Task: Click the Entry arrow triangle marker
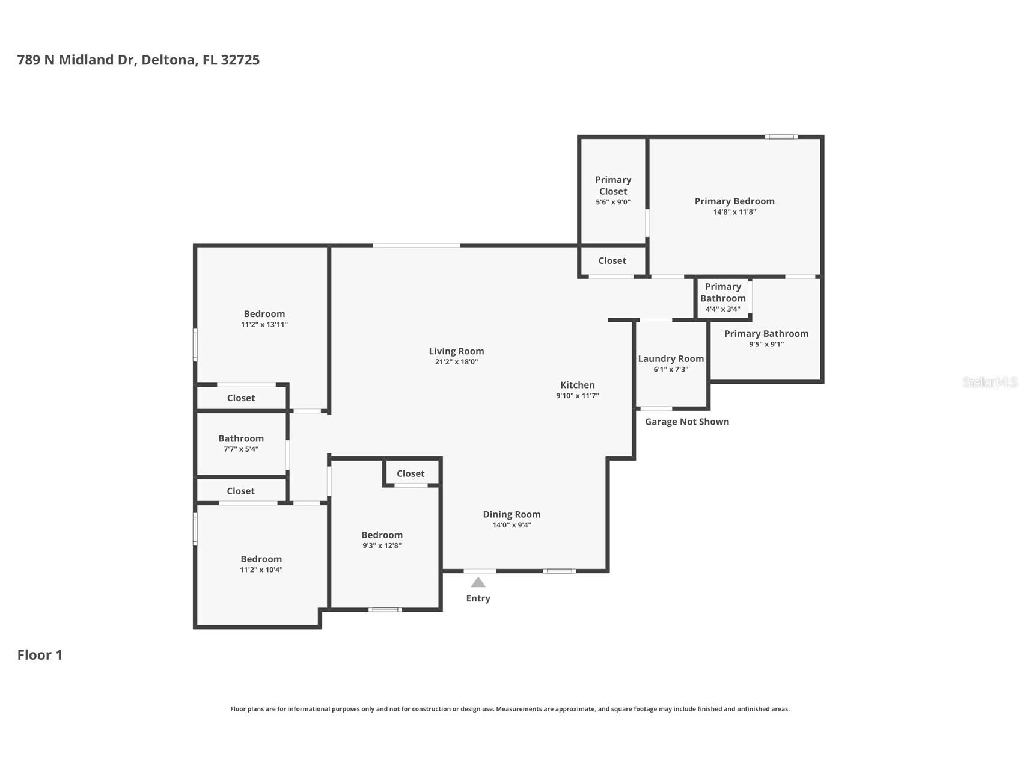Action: coord(478,582)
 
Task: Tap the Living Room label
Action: coord(456,351)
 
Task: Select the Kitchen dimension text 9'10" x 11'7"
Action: coord(578,396)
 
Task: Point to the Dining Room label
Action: coord(512,514)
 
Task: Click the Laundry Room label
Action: coord(671,359)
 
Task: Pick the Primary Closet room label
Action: coord(613,185)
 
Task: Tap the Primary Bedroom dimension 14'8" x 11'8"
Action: coord(734,212)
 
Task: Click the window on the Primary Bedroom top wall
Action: coord(781,137)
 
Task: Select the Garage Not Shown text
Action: coord(687,422)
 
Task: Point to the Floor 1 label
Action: coord(40,655)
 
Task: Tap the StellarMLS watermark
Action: coord(990,382)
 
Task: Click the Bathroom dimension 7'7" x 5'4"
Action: coord(240,449)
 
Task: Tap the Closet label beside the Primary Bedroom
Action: coord(612,261)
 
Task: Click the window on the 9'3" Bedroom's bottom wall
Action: coord(385,610)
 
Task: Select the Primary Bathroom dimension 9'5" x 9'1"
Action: coord(766,345)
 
